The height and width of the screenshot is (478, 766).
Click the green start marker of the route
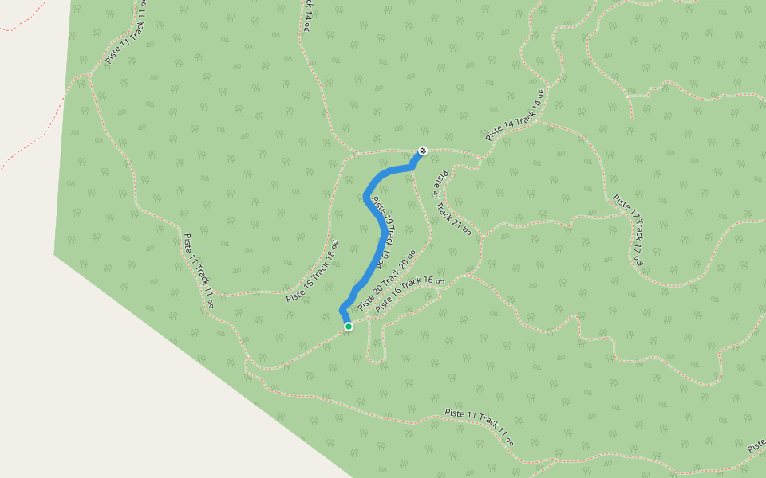(x=348, y=327)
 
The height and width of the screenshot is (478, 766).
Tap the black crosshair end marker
(x=423, y=151)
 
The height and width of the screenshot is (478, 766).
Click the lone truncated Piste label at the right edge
(x=756, y=448)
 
